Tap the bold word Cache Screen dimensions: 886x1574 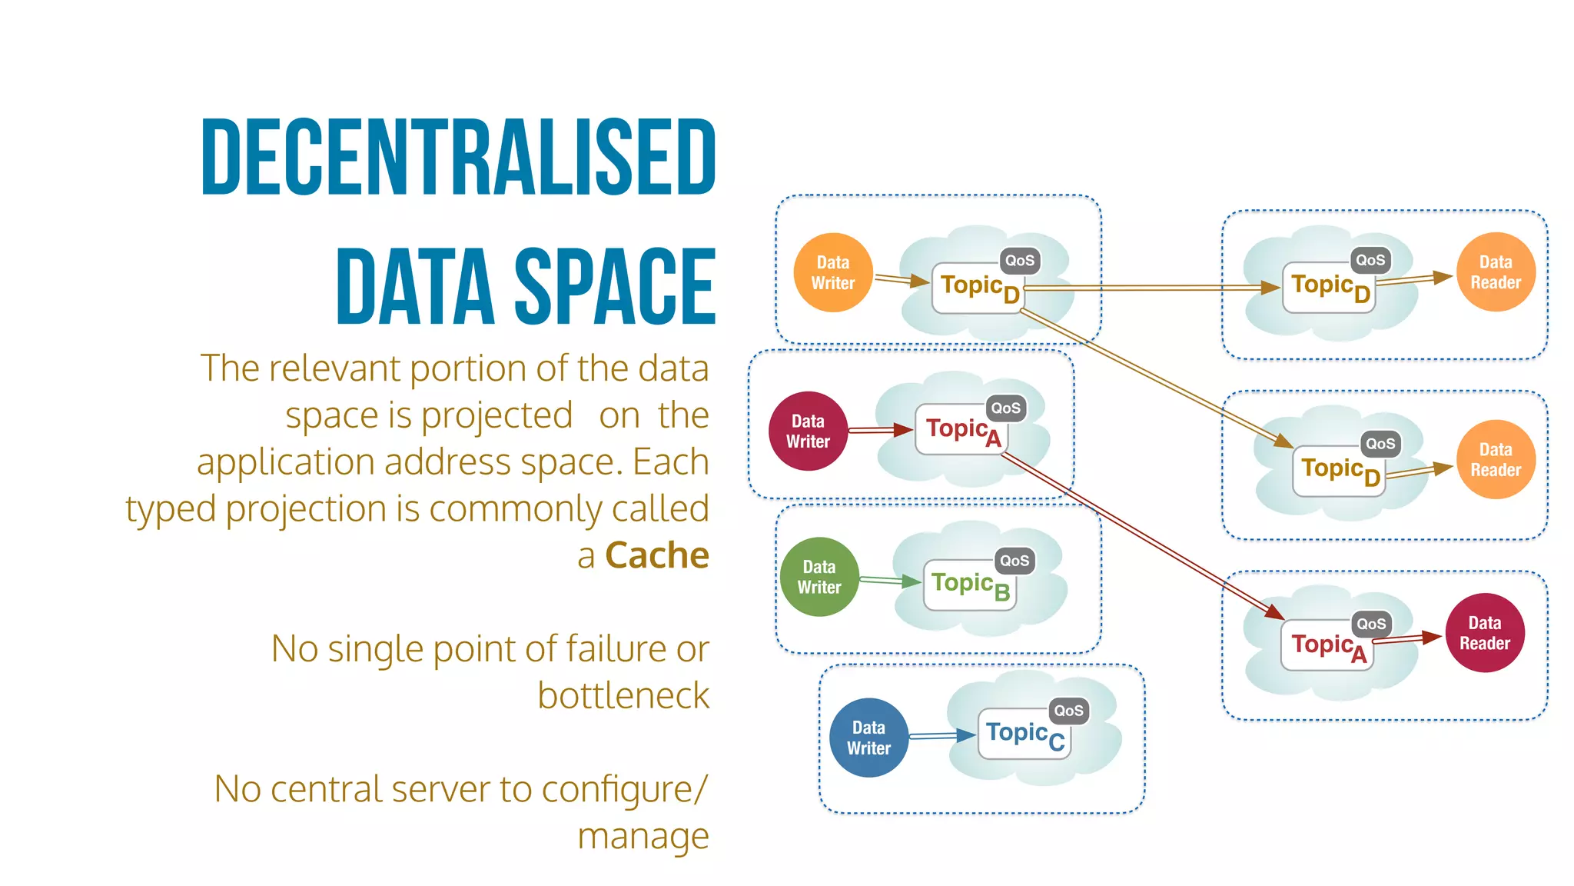pos(656,555)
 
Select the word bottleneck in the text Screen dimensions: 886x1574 pos(623,695)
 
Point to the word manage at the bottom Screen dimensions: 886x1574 pos(643,836)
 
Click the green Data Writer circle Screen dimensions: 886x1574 pos(819,577)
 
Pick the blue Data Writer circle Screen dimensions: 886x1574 pos(869,738)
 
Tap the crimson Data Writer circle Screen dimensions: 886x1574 pos(808,431)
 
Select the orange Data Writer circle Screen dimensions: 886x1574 pos(833,272)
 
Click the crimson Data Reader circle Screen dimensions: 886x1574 pos(1485,633)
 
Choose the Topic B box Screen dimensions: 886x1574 pos(970,585)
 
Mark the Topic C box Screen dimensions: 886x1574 pos(1024,734)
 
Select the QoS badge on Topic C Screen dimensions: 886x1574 pos(1068,711)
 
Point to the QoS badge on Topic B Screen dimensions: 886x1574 pos(1014,561)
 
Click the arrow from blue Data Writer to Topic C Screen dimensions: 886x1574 pos(942,736)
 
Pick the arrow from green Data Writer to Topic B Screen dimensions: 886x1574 pos(890,580)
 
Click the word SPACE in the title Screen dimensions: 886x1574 pos(615,286)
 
